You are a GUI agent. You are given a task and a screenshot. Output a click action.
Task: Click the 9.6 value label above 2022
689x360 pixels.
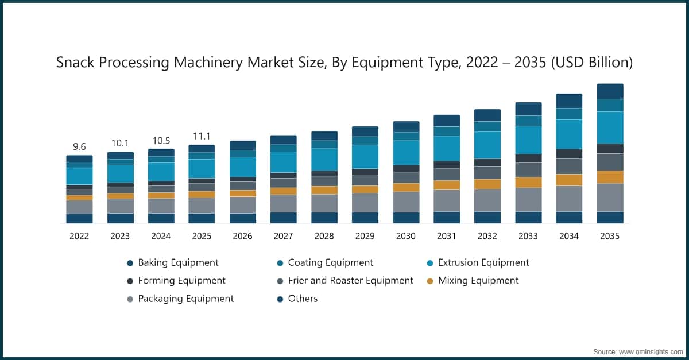pyautogui.click(x=79, y=147)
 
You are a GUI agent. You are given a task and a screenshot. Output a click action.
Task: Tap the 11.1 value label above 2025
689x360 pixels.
pyautogui.click(x=202, y=136)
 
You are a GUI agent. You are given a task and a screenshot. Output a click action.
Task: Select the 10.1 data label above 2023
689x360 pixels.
pyautogui.click(x=120, y=143)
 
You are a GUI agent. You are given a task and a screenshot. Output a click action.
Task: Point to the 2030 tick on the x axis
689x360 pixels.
pyautogui.click(x=405, y=236)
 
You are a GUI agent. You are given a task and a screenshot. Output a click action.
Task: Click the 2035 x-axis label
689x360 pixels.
pyautogui.click(x=610, y=236)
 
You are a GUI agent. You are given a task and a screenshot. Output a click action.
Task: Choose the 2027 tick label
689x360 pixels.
pyautogui.click(x=283, y=236)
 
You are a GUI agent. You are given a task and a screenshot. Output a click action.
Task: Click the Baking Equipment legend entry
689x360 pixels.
pyautogui.click(x=178, y=262)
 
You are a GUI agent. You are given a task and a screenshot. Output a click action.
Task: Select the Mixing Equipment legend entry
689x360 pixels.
pyautogui.click(x=478, y=280)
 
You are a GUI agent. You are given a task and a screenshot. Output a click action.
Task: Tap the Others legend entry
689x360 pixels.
pyautogui.click(x=303, y=299)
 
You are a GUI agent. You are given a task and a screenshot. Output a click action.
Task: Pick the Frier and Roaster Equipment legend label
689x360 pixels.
pyautogui.click(x=350, y=280)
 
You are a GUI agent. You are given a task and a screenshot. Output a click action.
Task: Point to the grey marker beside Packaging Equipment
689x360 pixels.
pyautogui.click(x=130, y=299)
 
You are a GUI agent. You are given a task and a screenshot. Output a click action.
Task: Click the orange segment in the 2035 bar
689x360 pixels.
pyautogui.click(x=610, y=177)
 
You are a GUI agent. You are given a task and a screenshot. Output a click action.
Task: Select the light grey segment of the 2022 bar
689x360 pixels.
pyautogui.click(x=79, y=207)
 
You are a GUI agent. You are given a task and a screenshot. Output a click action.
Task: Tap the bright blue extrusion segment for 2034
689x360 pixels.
pyautogui.click(x=569, y=134)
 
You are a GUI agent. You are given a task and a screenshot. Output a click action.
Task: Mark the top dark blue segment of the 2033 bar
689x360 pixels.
pyautogui.click(x=528, y=109)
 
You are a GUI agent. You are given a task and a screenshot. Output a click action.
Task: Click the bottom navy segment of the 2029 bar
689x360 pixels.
pyautogui.click(x=365, y=218)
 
